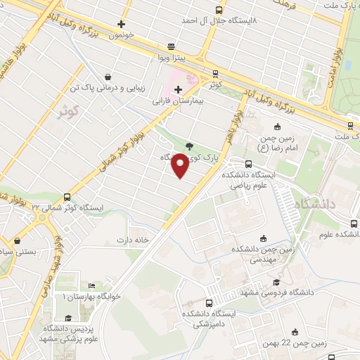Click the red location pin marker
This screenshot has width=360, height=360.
coord(181,165)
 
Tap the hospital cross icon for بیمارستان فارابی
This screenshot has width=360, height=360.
coord(179,89)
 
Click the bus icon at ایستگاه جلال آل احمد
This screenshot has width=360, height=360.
coord(219,10)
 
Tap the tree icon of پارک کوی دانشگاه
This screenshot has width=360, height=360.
coord(189,146)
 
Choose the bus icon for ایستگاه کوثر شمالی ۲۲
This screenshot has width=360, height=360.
coord(67,198)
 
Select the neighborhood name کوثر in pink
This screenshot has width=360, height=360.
coord(67,111)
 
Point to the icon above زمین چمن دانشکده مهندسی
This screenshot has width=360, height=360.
coord(263,238)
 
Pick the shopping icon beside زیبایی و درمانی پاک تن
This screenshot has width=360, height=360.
coord(107,77)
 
